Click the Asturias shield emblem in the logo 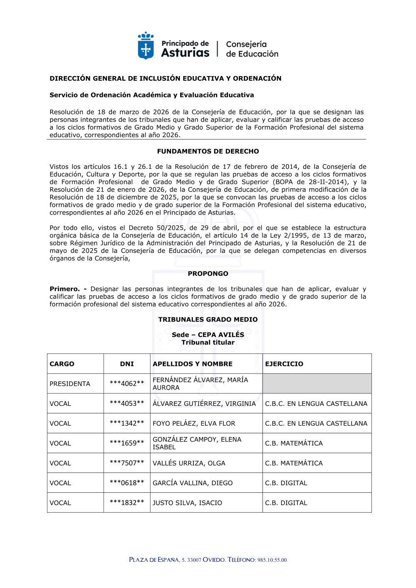(x=146, y=46)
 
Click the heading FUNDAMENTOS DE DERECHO (x=208, y=151)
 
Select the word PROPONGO (x=208, y=274)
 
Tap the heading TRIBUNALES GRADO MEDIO (x=208, y=319)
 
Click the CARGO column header (x=62, y=364)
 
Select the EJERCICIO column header (x=284, y=364)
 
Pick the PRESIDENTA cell (x=70, y=384)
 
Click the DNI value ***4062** (x=127, y=384)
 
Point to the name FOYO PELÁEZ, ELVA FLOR (x=194, y=423)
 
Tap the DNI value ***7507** (x=127, y=463)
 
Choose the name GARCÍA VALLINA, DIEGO (x=193, y=483)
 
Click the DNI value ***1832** (x=127, y=503)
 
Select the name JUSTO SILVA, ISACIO (x=187, y=503)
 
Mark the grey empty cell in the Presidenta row (x=317, y=383)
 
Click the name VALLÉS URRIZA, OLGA (x=189, y=463)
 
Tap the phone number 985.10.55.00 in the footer (x=272, y=560)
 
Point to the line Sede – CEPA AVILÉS (x=208, y=335)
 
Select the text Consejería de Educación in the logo (x=252, y=49)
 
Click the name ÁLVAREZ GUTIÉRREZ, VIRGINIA (x=204, y=403)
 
